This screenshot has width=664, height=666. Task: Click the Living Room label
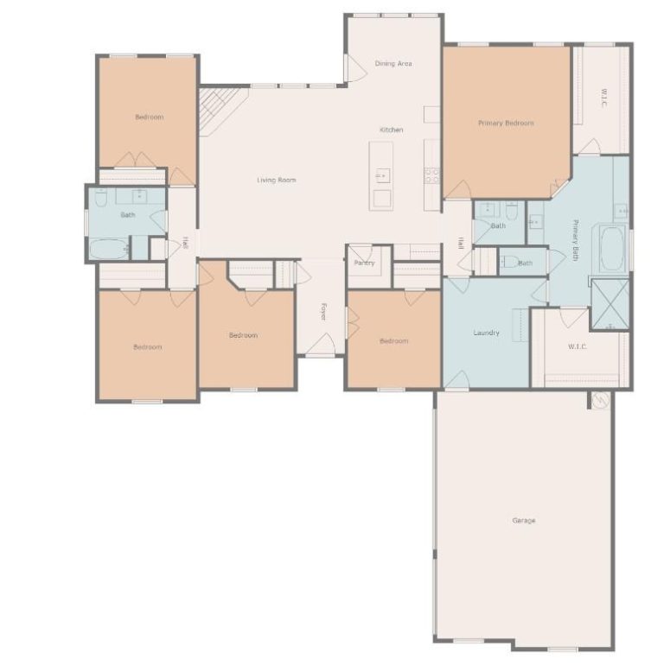pos(277,180)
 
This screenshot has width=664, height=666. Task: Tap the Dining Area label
pos(393,64)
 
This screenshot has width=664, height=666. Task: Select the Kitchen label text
pos(391,130)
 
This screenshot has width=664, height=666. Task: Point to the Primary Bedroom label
pos(506,124)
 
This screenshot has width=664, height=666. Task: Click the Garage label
pos(524,520)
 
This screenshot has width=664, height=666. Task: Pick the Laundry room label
pos(486,333)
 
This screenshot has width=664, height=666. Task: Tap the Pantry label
pos(364,263)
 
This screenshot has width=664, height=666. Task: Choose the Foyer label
pos(323,311)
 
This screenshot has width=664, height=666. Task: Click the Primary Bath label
pos(576,240)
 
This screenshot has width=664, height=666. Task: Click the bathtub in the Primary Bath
pos(612,249)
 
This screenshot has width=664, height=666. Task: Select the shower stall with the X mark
pos(610,304)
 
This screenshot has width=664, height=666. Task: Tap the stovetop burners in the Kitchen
pos(432,175)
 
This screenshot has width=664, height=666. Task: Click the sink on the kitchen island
pos(383,175)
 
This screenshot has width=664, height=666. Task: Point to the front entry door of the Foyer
pos(320,345)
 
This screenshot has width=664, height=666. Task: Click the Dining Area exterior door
pos(355,68)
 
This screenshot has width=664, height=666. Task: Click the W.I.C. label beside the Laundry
pos(578,346)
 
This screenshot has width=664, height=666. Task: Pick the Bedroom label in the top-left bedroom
pos(150,117)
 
